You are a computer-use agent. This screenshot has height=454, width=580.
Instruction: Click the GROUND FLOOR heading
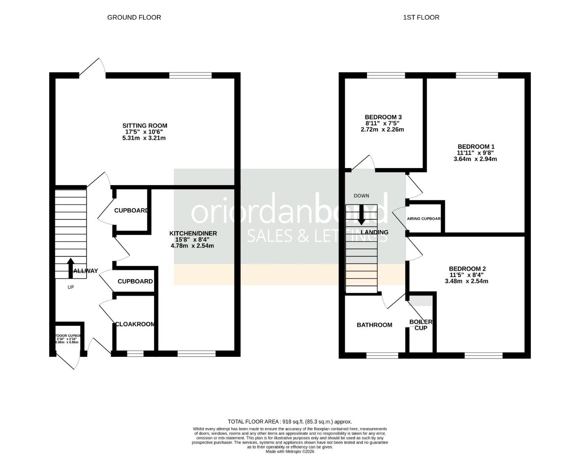(x=134, y=17)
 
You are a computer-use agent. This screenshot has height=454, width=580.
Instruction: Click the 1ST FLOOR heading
(x=421, y=17)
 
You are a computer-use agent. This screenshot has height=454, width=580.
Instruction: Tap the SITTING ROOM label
(x=144, y=126)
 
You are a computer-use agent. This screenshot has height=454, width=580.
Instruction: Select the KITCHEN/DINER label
(x=193, y=233)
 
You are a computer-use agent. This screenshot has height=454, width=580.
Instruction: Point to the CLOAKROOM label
(x=135, y=324)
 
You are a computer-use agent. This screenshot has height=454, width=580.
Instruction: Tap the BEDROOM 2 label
(x=467, y=269)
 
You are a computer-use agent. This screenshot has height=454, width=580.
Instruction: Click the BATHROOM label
(x=374, y=325)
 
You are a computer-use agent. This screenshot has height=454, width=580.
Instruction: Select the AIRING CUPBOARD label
(x=423, y=219)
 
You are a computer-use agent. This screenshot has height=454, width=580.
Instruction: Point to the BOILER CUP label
(x=420, y=325)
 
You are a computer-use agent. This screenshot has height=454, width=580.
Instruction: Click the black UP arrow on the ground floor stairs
(x=70, y=267)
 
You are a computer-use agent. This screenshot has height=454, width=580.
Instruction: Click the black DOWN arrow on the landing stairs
(x=361, y=215)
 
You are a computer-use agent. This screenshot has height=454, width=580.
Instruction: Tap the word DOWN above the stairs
(x=361, y=196)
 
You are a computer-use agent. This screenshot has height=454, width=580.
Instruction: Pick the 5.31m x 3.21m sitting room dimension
(x=144, y=138)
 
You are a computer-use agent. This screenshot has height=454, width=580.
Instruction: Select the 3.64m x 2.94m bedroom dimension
(x=475, y=159)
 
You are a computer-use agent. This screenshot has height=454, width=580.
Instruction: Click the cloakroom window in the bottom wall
(x=135, y=354)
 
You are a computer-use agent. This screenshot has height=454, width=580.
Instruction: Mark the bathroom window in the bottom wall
(x=382, y=356)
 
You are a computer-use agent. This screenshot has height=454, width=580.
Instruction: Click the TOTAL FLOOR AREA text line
(x=290, y=421)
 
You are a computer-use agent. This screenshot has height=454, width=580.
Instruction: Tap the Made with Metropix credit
(x=290, y=451)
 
